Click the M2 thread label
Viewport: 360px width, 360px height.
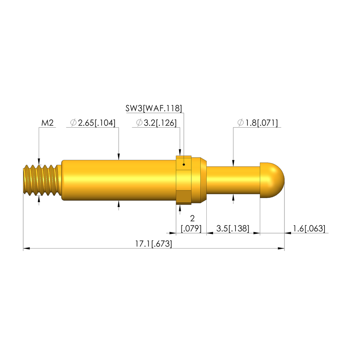[x=47, y=123]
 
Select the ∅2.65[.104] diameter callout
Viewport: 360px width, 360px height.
[x=93, y=123]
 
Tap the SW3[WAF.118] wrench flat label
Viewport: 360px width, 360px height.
[x=154, y=108]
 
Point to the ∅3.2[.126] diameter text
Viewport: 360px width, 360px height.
[x=156, y=123]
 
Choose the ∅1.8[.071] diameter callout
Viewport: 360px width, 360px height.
[x=258, y=123]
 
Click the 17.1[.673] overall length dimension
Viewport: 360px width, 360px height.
[x=153, y=244]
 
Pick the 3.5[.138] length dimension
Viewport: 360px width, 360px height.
[x=233, y=229]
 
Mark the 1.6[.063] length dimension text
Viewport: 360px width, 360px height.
[x=309, y=229]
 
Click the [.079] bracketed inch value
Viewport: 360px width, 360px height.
[x=191, y=229]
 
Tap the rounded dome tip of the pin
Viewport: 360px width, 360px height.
[x=272, y=180]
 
